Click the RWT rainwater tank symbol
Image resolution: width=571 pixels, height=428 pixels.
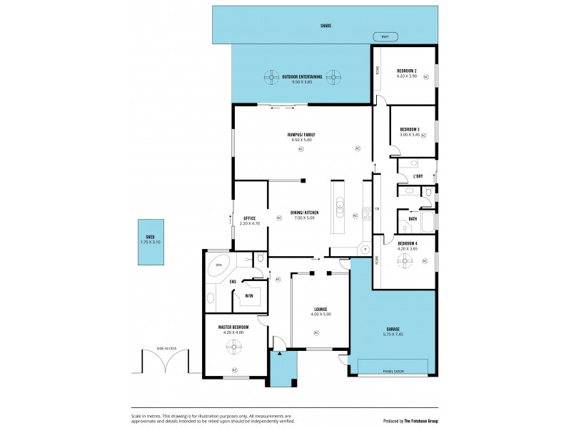click(x=385, y=37)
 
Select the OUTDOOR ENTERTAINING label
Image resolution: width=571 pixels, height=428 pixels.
click(x=302, y=76)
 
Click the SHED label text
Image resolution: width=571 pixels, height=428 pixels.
click(x=151, y=238)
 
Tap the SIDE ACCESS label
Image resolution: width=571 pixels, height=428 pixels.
click(x=166, y=349)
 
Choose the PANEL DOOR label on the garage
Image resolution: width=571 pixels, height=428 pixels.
click(x=393, y=372)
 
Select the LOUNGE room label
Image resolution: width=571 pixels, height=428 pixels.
click(x=320, y=310)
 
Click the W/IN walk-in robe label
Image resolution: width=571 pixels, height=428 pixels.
click(x=249, y=295)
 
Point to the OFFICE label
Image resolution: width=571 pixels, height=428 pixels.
click(x=249, y=218)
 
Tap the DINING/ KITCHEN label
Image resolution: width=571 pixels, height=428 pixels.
click(x=304, y=213)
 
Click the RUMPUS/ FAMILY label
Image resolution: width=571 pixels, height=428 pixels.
click(x=301, y=134)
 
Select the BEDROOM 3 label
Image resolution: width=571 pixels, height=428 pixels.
click(x=410, y=129)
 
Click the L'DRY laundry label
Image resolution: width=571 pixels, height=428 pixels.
click(x=418, y=176)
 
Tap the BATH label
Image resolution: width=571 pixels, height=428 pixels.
click(x=413, y=218)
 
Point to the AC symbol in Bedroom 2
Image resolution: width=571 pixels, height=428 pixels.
click(x=426, y=76)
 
